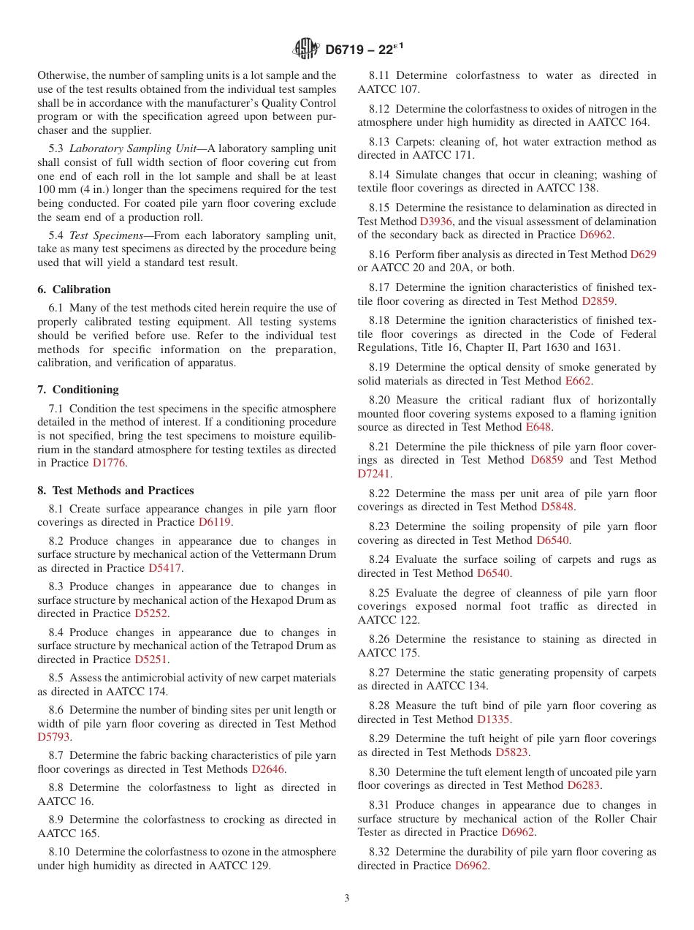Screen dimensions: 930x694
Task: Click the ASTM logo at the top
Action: [x=306, y=49]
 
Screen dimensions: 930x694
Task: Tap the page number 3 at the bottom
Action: [x=347, y=898]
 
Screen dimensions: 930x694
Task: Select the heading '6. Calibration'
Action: [x=75, y=290]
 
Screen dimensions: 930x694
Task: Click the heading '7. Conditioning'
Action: [x=78, y=390]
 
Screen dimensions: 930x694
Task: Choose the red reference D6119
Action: [x=216, y=522]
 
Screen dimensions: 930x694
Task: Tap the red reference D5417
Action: [x=165, y=568]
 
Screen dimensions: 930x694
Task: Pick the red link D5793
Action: [x=54, y=737]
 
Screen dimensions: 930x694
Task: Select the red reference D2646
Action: [x=268, y=768]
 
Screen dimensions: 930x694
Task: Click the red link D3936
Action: [x=437, y=221]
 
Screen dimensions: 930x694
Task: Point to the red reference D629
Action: [x=643, y=254]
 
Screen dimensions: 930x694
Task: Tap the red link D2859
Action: [x=598, y=300]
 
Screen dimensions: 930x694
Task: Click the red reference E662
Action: [x=578, y=381]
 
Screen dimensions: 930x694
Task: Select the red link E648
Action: [x=539, y=427]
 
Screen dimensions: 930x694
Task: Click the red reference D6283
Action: [x=584, y=785]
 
